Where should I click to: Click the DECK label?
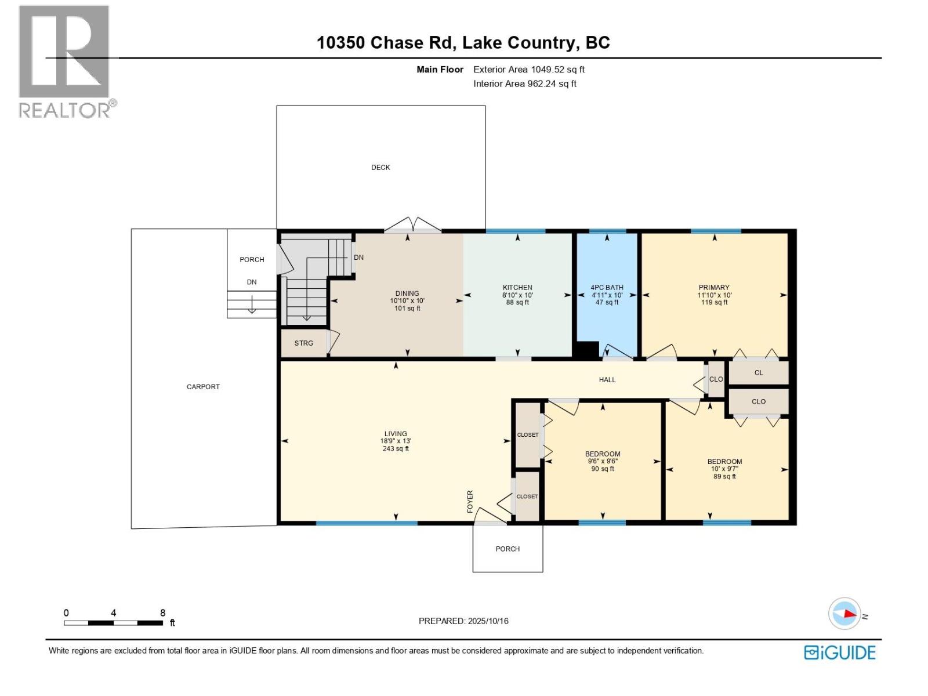click(x=380, y=167)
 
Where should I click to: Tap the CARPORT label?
click(x=203, y=387)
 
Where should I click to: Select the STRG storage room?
click(x=303, y=343)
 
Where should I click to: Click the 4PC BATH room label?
click(x=607, y=288)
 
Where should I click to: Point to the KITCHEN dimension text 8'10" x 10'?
click(x=517, y=295)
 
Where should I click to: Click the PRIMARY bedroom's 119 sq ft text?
click(x=714, y=303)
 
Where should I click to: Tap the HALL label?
click(x=607, y=380)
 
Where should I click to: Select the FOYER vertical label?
click(x=470, y=501)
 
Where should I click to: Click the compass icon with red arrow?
click(x=844, y=614)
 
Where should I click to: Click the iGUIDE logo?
click(x=839, y=652)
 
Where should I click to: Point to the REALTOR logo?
click(x=65, y=61)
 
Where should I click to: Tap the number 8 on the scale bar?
click(x=163, y=613)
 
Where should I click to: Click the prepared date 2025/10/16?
click(x=488, y=621)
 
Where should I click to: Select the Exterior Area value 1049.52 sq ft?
click(x=557, y=70)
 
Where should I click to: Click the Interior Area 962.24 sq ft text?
click(x=524, y=84)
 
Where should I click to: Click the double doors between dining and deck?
click(x=412, y=226)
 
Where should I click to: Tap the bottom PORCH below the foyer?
click(x=507, y=549)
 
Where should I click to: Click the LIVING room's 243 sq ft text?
click(x=396, y=449)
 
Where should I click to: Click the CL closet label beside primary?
click(x=759, y=373)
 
